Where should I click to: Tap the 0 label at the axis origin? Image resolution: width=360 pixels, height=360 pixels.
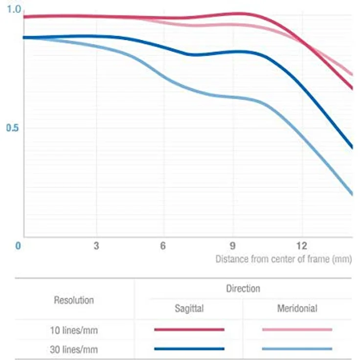coord(18,246)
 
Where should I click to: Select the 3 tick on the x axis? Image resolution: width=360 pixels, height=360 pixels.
coord(96,246)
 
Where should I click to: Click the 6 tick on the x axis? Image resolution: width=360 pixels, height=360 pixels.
coord(163,246)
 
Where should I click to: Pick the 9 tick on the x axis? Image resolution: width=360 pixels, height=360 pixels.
coord(233,246)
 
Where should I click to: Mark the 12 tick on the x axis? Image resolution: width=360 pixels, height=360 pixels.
coord(301,246)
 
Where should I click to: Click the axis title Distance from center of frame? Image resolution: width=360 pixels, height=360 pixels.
coord(283,259)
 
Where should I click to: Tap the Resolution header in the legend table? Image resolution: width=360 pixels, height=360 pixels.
coord(73,299)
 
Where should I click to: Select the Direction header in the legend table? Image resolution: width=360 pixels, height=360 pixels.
coord(243,288)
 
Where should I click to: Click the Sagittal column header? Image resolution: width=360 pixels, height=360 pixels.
coord(189,309)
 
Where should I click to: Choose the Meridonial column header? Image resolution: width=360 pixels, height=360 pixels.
coord(297,309)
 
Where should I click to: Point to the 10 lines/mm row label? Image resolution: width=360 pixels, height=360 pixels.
coord(74,330)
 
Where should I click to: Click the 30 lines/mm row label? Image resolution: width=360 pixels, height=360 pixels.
coord(74,349)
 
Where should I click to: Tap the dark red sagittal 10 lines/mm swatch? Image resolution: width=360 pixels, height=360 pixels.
coord(189,330)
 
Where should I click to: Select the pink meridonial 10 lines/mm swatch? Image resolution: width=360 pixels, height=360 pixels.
coord(297,330)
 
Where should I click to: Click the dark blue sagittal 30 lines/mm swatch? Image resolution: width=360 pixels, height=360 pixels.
coord(189,349)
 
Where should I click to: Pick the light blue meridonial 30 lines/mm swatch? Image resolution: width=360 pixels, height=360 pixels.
coord(297,349)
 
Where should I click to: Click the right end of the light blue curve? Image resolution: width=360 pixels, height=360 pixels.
coord(352,194)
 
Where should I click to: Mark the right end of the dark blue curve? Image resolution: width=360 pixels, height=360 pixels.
coord(352,147)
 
